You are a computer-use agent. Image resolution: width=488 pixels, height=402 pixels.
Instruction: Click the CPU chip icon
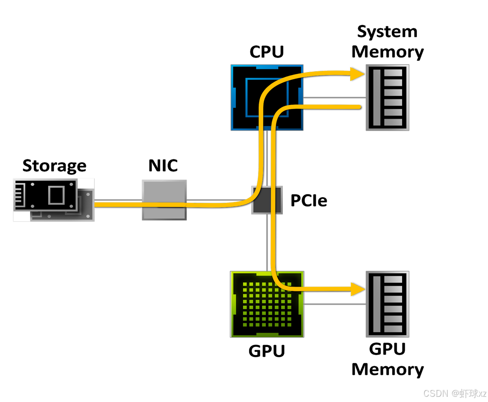(267, 98)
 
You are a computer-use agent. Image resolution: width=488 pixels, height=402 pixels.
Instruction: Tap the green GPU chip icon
(267, 304)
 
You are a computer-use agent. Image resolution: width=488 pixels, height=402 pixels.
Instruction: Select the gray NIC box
(164, 200)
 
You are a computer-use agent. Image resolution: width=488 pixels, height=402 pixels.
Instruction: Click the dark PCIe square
(267, 200)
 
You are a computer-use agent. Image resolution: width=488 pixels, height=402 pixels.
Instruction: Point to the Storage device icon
(53, 200)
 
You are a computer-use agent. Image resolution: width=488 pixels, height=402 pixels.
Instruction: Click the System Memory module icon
(387, 98)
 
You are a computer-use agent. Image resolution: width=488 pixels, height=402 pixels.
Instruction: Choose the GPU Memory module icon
(387, 304)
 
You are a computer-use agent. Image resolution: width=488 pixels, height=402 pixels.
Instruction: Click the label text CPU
(267, 52)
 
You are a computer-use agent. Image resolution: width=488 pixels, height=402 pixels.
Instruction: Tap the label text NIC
(163, 165)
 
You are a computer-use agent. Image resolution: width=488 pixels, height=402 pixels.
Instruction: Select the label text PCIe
(309, 201)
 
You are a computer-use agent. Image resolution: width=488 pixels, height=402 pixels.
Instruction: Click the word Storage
(55, 166)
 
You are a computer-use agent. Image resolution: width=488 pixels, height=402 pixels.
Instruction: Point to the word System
(387, 32)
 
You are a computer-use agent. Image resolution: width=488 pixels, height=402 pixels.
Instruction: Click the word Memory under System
(387, 52)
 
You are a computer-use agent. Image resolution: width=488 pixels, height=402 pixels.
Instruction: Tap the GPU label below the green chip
(267, 351)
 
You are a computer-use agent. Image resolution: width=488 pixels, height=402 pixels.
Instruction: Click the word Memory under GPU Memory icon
(387, 369)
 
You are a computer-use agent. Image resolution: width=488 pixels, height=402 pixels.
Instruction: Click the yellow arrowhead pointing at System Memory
(357, 74)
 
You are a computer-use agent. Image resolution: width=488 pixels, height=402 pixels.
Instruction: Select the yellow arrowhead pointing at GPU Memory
(357, 289)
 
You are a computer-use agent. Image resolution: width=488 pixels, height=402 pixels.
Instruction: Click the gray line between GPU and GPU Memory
(335, 304)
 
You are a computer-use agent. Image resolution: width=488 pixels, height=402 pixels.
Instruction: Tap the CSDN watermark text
(455, 394)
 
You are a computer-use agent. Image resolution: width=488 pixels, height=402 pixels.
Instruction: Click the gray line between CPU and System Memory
(334, 98)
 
